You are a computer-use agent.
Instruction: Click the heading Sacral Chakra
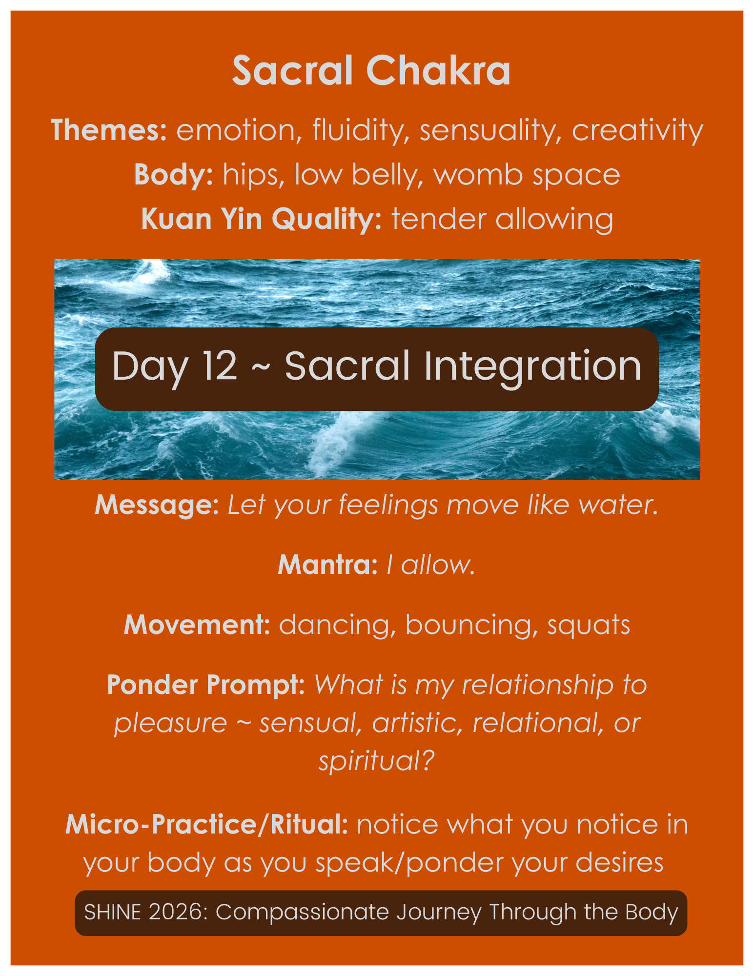(x=371, y=71)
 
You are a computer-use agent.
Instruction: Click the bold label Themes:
(x=109, y=130)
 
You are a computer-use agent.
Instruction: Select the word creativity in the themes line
(x=637, y=130)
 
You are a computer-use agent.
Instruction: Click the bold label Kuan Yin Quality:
(x=261, y=219)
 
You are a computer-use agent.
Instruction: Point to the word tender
(x=439, y=219)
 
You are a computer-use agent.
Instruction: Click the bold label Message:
(x=157, y=505)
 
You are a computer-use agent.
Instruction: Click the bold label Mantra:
(x=327, y=565)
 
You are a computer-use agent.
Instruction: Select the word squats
(x=589, y=625)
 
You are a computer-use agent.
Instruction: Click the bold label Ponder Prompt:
(x=206, y=685)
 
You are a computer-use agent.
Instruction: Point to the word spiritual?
(x=376, y=760)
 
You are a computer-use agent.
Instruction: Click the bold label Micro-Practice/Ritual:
(x=206, y=825)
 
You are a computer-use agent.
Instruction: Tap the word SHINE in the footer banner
(x=113, y=912)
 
